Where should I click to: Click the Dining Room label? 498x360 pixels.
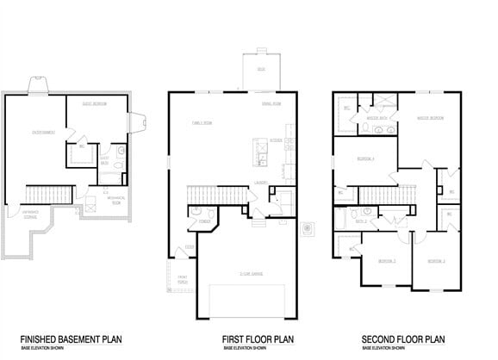click(272, 104)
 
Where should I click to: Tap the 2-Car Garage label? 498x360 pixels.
click(252, 274)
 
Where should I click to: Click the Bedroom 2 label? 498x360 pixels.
click(386, 259)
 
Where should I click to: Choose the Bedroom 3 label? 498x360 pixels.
click(435, 259)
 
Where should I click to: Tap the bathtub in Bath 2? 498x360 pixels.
click(340, 221)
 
